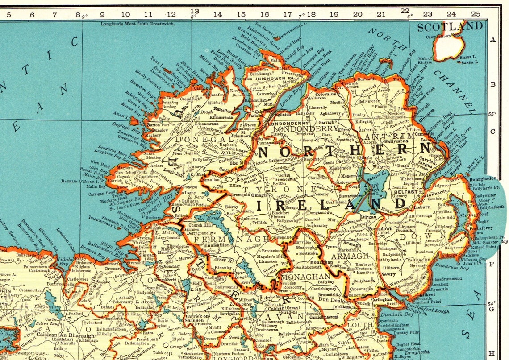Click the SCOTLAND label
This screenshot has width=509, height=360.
(x=450, y=26)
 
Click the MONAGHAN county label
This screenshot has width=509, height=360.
(x=300, y=277)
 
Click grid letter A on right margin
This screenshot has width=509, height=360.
(x=493, y=39)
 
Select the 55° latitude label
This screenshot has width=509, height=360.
(x=492, y=114)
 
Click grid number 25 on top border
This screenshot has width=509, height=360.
(x=476, y=14)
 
